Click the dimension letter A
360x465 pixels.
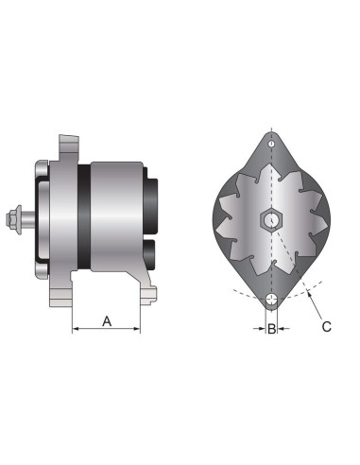tap(107, 321)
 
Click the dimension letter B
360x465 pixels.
tap(272, 330)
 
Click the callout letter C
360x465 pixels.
tap(326, 327)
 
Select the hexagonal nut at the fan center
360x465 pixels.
tap(272, 220)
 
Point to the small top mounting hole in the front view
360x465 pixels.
tap(272, 143)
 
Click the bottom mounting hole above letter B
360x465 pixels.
tap(272, 301)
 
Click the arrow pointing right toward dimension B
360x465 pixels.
tap(261, 330)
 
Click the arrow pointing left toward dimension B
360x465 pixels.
tap(283, 330)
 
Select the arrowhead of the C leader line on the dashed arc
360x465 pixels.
tap(307, 295)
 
